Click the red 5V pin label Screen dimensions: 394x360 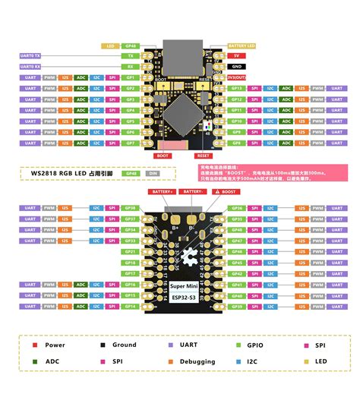click(237, 55)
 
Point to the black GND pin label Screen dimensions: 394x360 click(237, 67)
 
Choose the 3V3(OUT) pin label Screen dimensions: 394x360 click(237, 77)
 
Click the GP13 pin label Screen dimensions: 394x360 click(236, 99)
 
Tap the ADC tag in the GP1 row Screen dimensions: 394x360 click(81, 77)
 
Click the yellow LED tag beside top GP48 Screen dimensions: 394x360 click(110, 46)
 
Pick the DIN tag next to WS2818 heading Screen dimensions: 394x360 click(153, 173)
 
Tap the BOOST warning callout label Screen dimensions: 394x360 click(226, 192)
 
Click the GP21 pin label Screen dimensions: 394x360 click(131, 251)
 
